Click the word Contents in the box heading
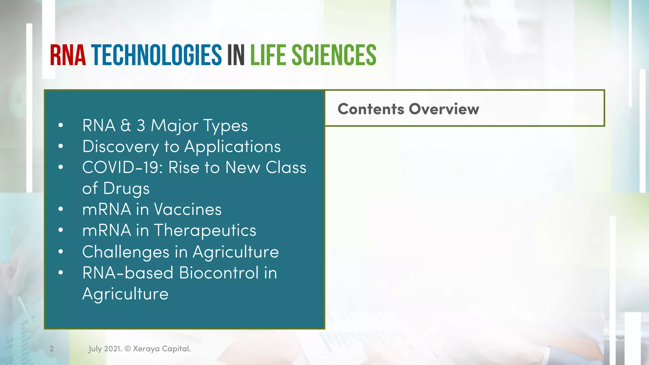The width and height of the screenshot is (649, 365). pyautogui.click(x=371, y=109)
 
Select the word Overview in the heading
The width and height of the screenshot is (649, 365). pyautogui.click(x=444, y=109)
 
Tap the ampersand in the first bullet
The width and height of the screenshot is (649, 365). pyautogui.click(x=125, y=125)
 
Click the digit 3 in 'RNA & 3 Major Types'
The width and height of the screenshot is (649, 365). pyautogui.click(x=141, y=125)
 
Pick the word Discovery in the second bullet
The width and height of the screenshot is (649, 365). pyautogui.click(x=120, y=147)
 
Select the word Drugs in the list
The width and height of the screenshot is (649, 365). pyautogui.click(x=126, y=189)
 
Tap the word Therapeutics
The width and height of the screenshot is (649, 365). pyautogui.click(x=205, y=231)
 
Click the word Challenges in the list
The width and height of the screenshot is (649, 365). pyautogui.click(x=125, y=252)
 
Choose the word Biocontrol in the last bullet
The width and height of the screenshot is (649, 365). pyautogui.click(x=219, y=273)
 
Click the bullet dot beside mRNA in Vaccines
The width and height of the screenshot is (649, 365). pyautogui.click(x=61, y=209)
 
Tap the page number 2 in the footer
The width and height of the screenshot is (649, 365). pyautogui.click(x=52, y=349)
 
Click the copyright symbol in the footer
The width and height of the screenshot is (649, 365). pyautogui.click(x=127, y=349)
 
